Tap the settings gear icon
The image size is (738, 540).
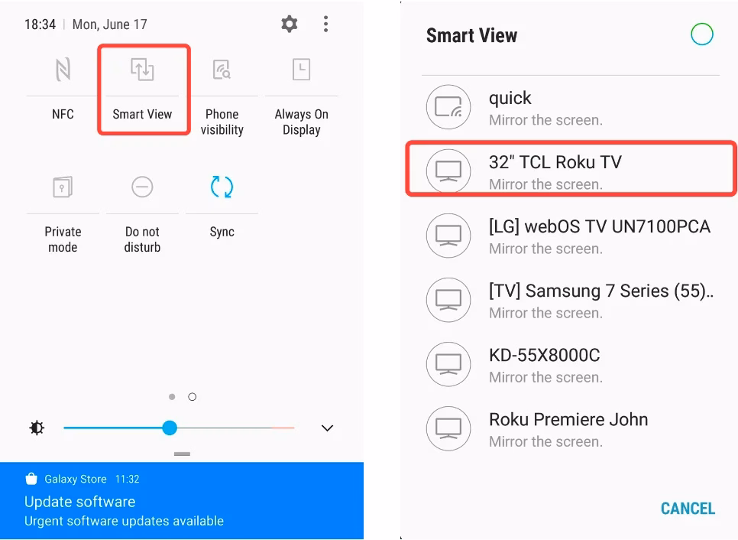pyautogui.click(x=290, y=24)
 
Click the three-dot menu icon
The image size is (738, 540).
pyautogui.click(x=326, y=24)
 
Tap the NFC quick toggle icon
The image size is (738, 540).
pyautogui.click(x=63, y=70)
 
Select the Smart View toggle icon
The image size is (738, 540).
pyautogui.click(x=142, y=70)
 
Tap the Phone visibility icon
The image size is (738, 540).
pyautogui.click(x=222, y=70)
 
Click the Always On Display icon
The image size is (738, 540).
pyautogui.click(x=301, y=70)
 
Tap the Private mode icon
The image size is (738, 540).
pyautogui.click(x=63, y=187)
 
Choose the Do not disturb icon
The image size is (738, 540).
pyautogui.click(x=142, y=187)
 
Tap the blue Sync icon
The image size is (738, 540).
pyautogui.click(x=222, y=187)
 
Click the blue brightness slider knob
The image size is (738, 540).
pyautogui.click(x=170, y=428)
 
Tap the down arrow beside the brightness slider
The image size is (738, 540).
pyautogui.click(x=327, y=428)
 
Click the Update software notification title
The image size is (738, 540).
pyautogui.click(x=79, y=502)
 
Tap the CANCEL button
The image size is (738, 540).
pyautogui.click(x=688, y=509)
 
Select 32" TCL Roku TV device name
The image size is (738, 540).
pyautogui.click(x=555, y=162)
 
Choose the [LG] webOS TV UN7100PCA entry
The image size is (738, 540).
pyautogui.click(x=599, y=226)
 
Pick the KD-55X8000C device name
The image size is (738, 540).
pyautogui.click(x=544, y=355)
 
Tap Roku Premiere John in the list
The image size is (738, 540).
pyautogui.click(x=568, y=419)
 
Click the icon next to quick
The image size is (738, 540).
pyautogui.click(x=448, y=108)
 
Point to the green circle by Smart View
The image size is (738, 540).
pyautogui.click(x=701, y=34)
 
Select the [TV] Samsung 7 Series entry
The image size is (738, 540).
pyautogui.click(x=600, y=291)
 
